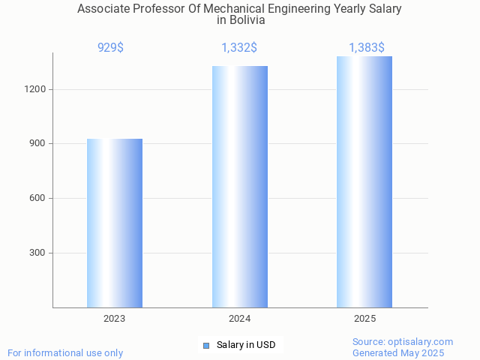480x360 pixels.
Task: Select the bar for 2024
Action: point(240,187)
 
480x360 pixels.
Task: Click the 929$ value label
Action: point(111,48)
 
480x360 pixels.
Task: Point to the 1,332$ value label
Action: point(239,48)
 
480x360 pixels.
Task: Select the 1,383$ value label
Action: point(367,48)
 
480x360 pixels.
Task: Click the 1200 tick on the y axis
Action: point(36,89)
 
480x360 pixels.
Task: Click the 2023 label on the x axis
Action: point(115,319)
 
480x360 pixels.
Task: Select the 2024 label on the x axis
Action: point(240,319)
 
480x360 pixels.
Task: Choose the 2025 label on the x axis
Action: point(364,319)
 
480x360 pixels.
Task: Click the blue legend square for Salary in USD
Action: point(206,345)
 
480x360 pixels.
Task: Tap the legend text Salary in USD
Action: point(246,345)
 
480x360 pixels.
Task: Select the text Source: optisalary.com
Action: point(403,341)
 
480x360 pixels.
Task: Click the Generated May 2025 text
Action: point(398,352)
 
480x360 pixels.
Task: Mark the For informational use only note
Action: point(65,352)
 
